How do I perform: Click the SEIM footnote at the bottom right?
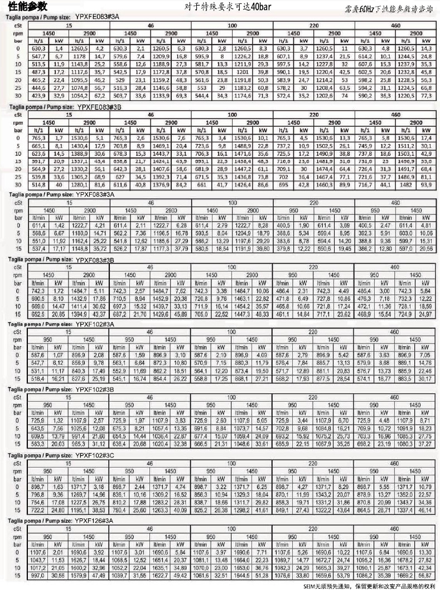tap(369, 586)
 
